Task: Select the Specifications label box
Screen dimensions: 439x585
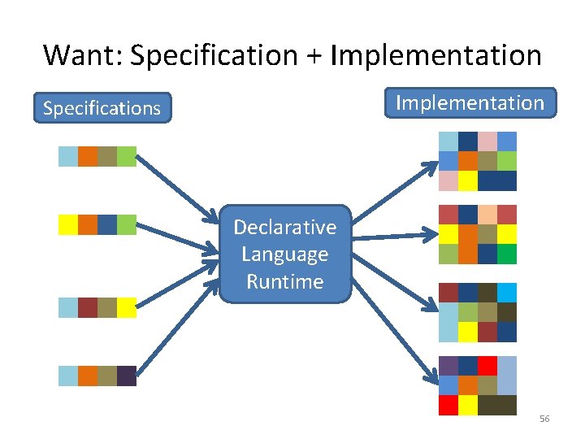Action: (102, 108)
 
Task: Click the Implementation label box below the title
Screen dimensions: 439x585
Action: (470, 103)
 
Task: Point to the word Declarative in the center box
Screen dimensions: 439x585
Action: (284, 227)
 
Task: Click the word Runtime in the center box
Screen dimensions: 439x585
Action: (284, 282)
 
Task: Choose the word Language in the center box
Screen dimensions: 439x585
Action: (284, 254)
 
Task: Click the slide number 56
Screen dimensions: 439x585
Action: (544, 419)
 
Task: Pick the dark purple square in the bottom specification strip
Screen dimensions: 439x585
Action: (127, 376)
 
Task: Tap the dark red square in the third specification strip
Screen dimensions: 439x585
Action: (88, 307)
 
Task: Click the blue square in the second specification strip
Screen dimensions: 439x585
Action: (107, 224)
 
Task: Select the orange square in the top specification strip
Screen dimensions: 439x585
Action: (88, 156)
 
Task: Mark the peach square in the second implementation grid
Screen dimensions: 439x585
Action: (487, 215)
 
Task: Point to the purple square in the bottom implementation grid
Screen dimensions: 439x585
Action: (448, 366)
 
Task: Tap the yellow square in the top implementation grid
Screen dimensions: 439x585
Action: (468, 180)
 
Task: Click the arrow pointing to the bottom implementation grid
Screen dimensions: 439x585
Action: (390, 333)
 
